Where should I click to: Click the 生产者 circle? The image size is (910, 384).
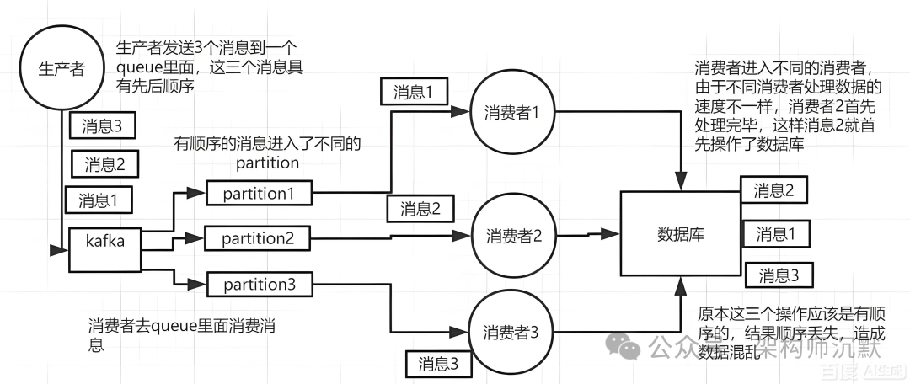62,68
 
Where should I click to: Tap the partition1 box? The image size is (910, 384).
259,193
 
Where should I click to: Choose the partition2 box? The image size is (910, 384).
259,239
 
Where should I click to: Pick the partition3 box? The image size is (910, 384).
259,285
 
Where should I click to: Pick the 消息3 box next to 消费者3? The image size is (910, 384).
438,364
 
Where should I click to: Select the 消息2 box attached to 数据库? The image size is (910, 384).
773,190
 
